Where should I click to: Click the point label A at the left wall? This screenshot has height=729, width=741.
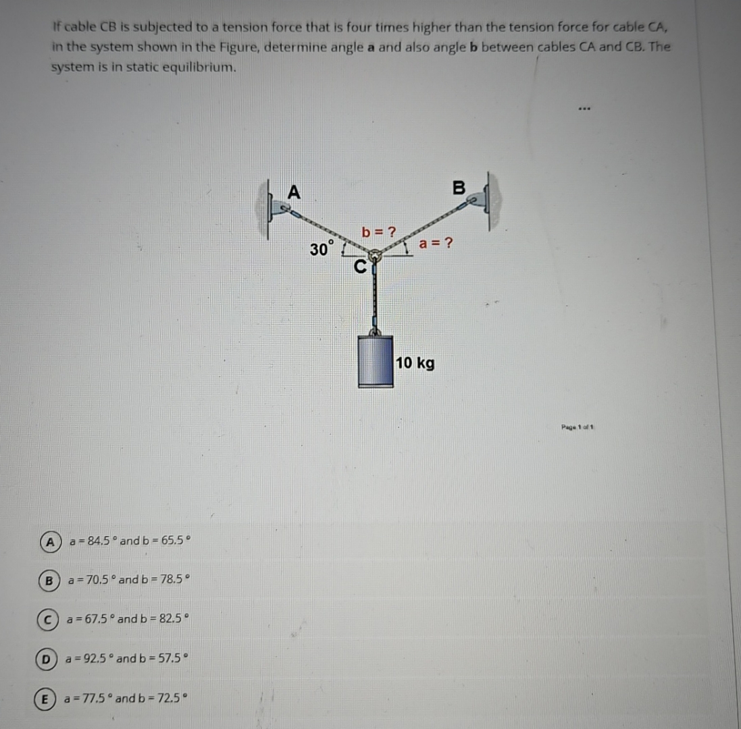pyautogui.click(x=293, y=192)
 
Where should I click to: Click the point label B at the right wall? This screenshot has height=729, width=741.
pyautogui.click(x=459, y=188)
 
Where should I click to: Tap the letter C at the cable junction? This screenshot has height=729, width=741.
pyautogui.click(x=360, y=266)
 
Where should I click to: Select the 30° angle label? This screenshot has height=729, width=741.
pyautogui.click(x=322, y=248)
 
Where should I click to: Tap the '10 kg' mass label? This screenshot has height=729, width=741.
pyautogui.click(x=415, y=363)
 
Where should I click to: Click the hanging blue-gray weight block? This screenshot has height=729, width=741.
pyautogui.click(x=376, y=360)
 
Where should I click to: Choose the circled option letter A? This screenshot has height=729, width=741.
pyautogui.click(x=49, y=541)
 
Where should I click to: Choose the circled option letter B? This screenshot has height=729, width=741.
pyautogui.click(x=49, y=580)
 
